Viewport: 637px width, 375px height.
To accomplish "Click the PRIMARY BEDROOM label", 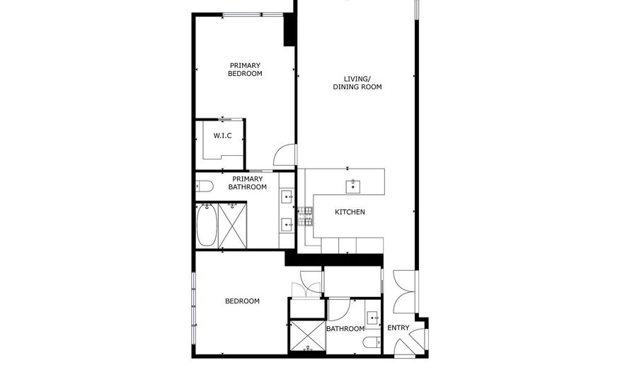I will pos(245,69).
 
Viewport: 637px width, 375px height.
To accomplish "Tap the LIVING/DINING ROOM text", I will pos(357,83).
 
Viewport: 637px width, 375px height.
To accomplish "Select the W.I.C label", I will pos(222,136).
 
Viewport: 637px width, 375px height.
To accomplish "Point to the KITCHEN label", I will pos(350,212).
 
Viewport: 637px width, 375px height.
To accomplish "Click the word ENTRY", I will pos(398,328).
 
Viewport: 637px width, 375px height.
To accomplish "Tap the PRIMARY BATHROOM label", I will pos(248,183).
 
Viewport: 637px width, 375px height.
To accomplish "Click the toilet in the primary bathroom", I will pos(205,186).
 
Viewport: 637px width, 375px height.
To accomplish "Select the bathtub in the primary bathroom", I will pos(206,225).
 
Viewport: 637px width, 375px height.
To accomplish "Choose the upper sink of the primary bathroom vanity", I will pos(287,195).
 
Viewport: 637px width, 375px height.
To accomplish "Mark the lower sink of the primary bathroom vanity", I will pos(287,225).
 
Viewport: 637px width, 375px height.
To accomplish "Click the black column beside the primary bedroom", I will pos(289,30).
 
